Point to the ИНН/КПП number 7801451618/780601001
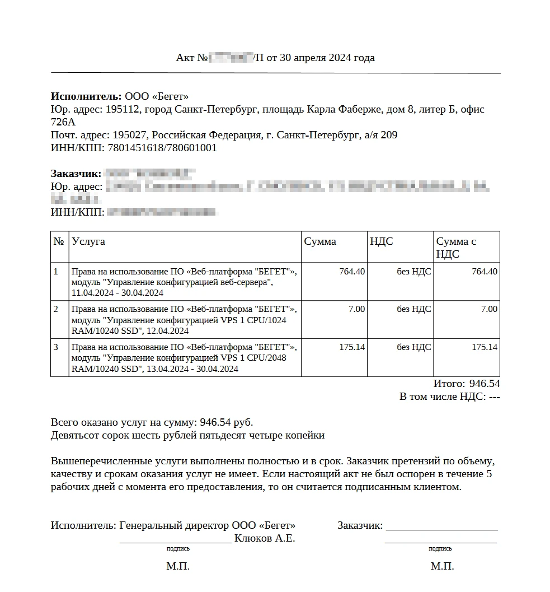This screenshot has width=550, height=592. (162, 148)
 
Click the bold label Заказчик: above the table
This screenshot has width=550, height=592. (76, 173)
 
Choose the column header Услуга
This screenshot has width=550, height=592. (88, 241)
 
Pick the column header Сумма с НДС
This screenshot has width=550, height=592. (456, 248)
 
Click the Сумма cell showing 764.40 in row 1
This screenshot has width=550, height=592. (352, 272)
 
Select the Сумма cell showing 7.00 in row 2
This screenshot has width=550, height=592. (356, 309)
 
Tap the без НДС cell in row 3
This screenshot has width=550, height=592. (414, 347)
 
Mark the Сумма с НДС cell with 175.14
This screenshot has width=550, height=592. (484, 347)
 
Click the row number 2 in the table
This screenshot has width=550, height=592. (56, 309)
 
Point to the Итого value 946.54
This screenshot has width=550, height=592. (484, 384)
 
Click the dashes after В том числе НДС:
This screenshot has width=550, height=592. (494, 397)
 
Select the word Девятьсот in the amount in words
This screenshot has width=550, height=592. (73, 435)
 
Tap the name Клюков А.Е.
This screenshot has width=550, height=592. (265, 539)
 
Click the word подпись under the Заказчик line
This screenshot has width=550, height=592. (440, 549)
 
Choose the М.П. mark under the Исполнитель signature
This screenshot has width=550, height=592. (178, 567)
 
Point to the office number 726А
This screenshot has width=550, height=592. (63, 122)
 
